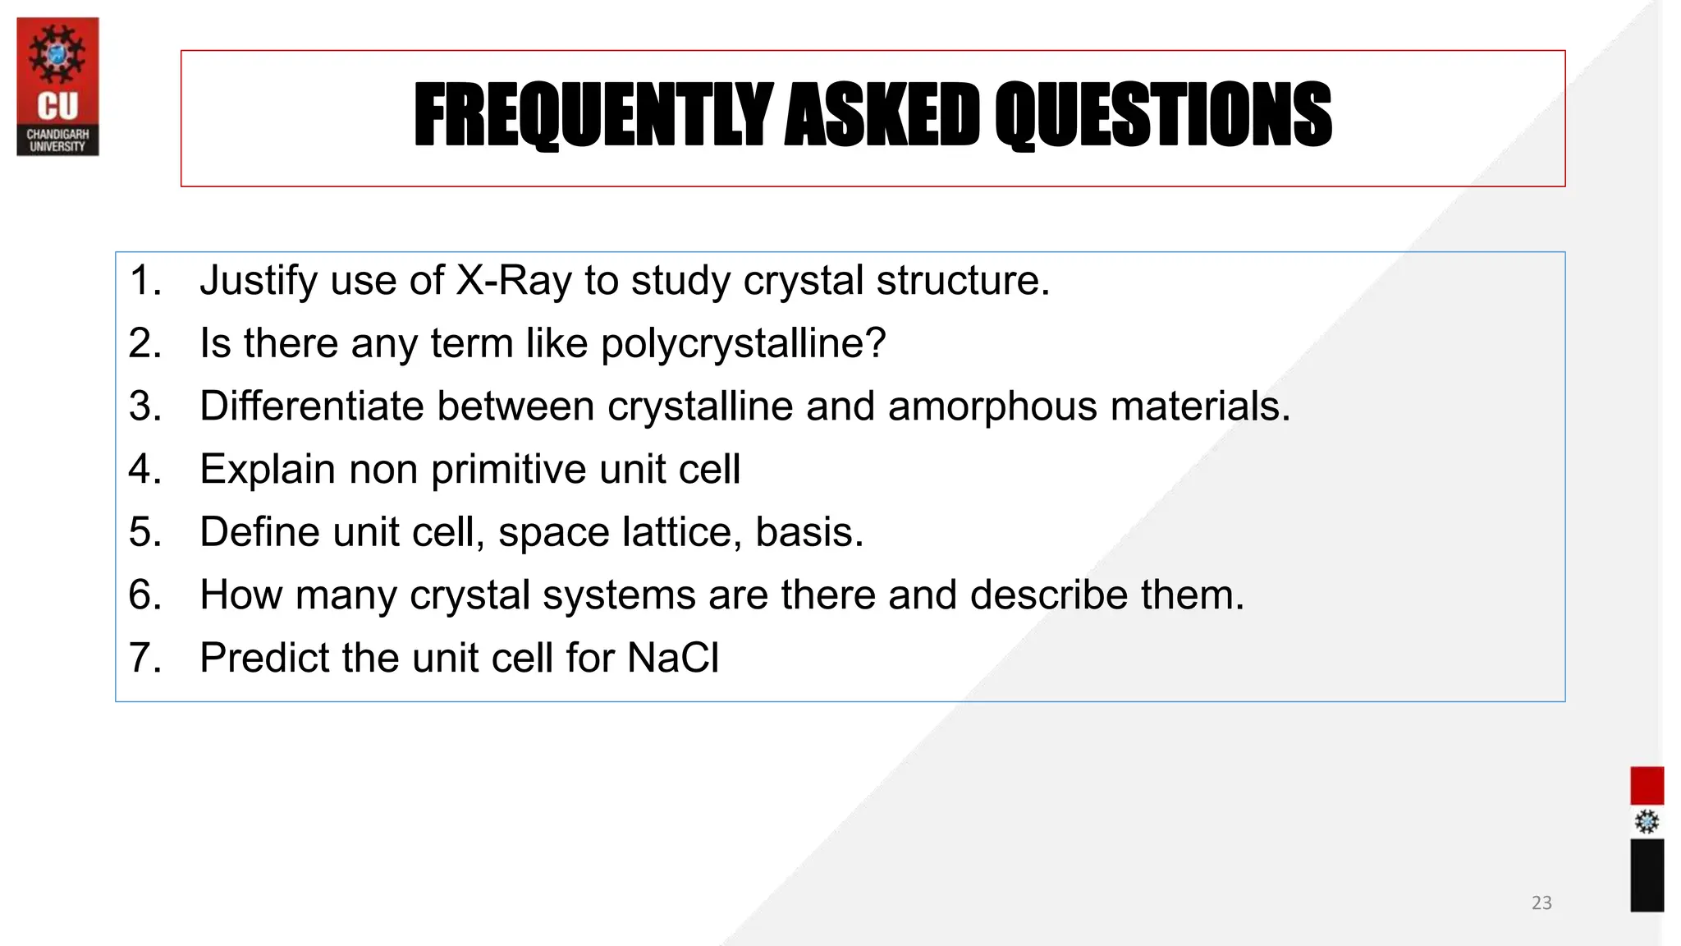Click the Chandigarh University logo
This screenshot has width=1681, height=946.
click(57, 86)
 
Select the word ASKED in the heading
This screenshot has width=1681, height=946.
click(882, 116)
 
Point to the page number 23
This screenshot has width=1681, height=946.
click(1541, 902)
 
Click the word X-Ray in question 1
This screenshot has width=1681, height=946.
click(513, 281)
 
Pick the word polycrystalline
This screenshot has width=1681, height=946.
click(743, 343)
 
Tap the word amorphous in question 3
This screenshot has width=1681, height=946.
click(992, 406)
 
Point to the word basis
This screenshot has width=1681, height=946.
click(808, 532)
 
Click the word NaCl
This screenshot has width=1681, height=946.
click(673, 658)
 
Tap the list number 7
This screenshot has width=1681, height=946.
click(144, 658)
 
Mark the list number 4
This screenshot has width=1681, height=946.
click(144, 470)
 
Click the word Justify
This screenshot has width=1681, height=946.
click(259, 281)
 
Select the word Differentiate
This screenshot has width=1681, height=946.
click(311, 406)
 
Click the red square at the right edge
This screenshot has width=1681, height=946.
click(1647, 786)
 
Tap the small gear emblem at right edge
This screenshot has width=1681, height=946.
click(1647, 822)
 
